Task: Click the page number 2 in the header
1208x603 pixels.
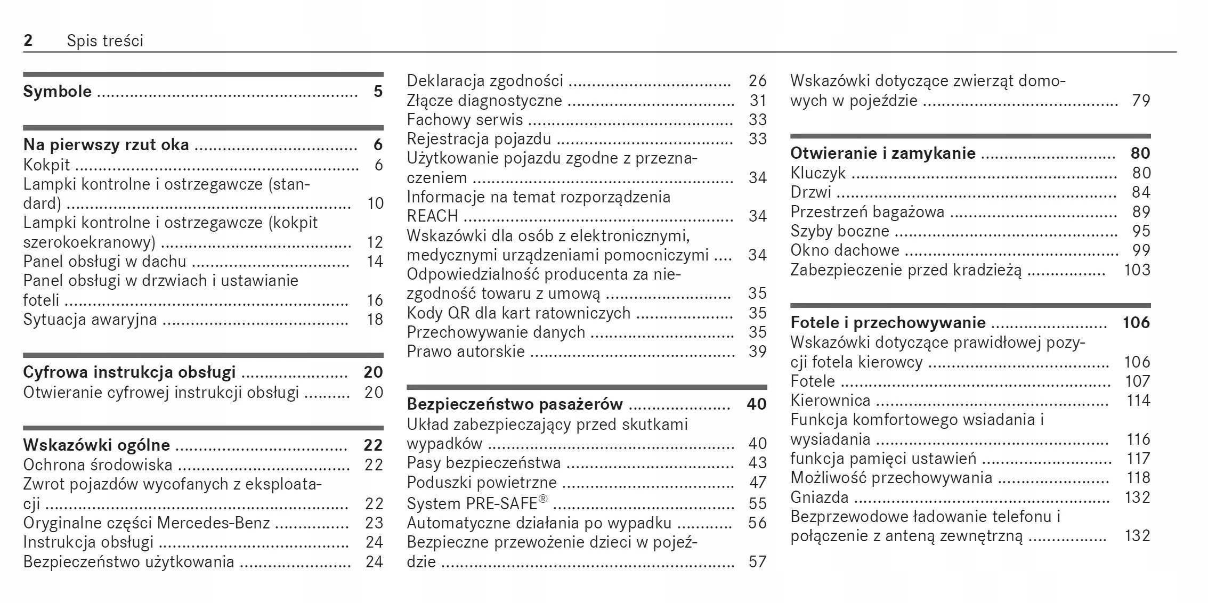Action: click(28, 40)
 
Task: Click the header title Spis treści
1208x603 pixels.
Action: click(105, 41)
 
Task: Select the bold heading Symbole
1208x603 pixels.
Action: click(57, 91)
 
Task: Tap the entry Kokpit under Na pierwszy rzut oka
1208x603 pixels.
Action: click(46, 165)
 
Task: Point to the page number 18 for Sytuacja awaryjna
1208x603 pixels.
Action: click(375, 319)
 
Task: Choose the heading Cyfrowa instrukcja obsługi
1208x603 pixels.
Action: click(129, 372)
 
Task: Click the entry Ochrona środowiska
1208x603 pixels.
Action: click(98, 465)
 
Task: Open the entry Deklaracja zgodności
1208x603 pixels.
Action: click(484, 81)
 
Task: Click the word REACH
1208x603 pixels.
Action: click(432, 216)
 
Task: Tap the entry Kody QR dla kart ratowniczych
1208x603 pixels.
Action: click(518, 313)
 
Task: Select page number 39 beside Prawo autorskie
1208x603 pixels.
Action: click(757, 352)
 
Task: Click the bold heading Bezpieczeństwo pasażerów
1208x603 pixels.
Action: click(514, 404)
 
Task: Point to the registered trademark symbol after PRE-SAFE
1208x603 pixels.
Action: click(542, 499)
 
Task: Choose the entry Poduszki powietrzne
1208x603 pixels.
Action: click(481, 482)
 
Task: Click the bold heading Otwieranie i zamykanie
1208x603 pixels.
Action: click(882, 153)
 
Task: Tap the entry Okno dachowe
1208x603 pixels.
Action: click(844, 250)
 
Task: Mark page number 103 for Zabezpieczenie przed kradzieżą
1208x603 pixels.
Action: click(1137, 270)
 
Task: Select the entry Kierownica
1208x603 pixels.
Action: click(830, 401)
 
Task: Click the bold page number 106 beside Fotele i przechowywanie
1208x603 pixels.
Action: click(1136, 323)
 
